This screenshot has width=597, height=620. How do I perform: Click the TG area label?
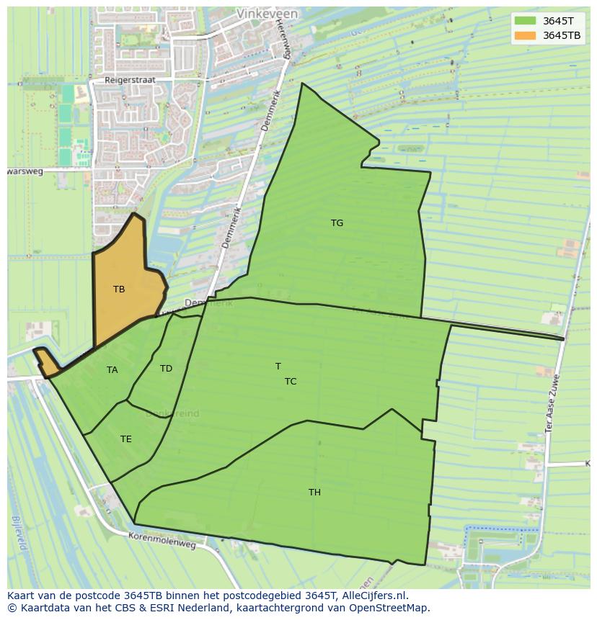click(x=337, y=223)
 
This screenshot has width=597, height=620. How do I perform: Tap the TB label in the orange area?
click(x=119, y=289)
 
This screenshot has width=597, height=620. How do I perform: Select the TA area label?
click(x=112, y=370)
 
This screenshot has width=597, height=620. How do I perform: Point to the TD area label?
click(x=166, y=369)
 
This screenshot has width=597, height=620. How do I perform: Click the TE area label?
click(x=126, y=439)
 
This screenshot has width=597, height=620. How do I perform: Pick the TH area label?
click(x=314, y=493)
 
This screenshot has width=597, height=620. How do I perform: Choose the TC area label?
click(x=291, y=382)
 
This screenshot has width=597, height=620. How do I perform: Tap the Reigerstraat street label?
click(x=130, y=81)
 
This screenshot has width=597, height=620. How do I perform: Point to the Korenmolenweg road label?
click(x=162, y=540)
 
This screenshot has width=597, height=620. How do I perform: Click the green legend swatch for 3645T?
click(x=525, y=21)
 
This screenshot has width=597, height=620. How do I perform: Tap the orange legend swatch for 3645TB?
click(x=525, y=35)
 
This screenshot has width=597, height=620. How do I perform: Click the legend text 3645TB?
click(x=562, y=35)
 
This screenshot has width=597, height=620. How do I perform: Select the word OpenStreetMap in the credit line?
click(x=390, y=608)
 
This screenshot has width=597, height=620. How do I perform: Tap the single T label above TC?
click(x=278, y=367)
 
